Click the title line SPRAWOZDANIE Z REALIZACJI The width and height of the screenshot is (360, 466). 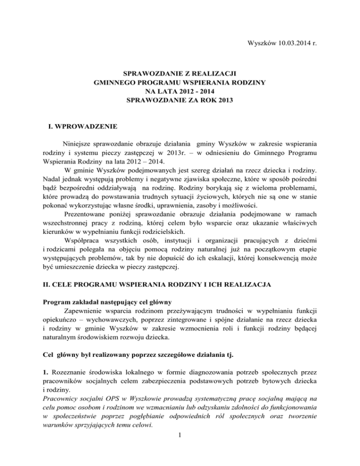click(180, 74)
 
